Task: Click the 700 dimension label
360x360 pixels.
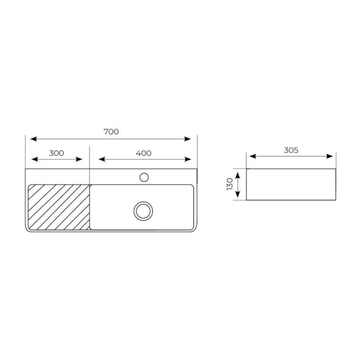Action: (111, 132)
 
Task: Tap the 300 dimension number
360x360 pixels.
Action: (56, 153)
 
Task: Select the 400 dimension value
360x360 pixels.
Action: (143, 153)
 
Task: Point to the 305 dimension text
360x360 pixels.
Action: (291, 150)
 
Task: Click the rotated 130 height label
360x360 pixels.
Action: (230, 184)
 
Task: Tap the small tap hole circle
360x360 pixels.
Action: (144, 177)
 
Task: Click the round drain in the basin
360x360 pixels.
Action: (143, 211)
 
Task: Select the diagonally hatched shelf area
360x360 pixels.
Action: (59, 207)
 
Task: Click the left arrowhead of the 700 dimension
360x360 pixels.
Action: (34, 139)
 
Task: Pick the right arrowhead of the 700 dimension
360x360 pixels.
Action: (188, 139)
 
